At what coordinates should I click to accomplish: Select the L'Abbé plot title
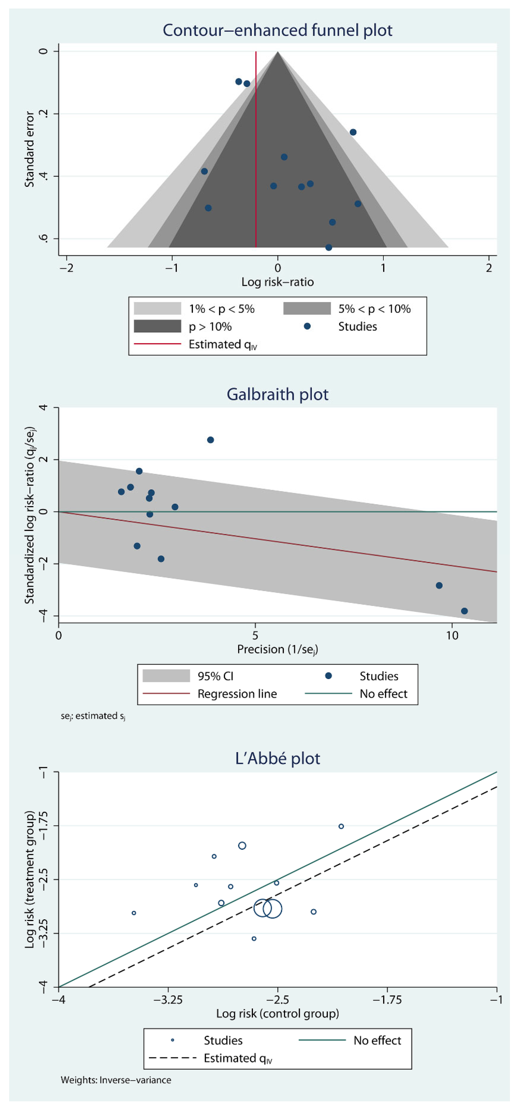coord(278,759)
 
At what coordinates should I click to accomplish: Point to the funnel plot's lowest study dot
coord(329,248)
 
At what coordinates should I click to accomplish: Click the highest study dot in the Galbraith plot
coord(211,440)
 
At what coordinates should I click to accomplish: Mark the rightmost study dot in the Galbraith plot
coord(464,611)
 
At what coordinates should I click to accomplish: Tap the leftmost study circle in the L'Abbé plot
coord(134,913)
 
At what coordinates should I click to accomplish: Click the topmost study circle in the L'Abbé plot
coord(341,826)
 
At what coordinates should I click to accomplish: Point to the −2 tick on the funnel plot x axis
coord(67,268)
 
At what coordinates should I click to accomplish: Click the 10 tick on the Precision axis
coord(452,635)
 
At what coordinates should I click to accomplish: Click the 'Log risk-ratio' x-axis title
coord(278,282)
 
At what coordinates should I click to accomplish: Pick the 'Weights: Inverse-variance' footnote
coord(116,1080)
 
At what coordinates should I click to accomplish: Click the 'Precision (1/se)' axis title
coord(278,649)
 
